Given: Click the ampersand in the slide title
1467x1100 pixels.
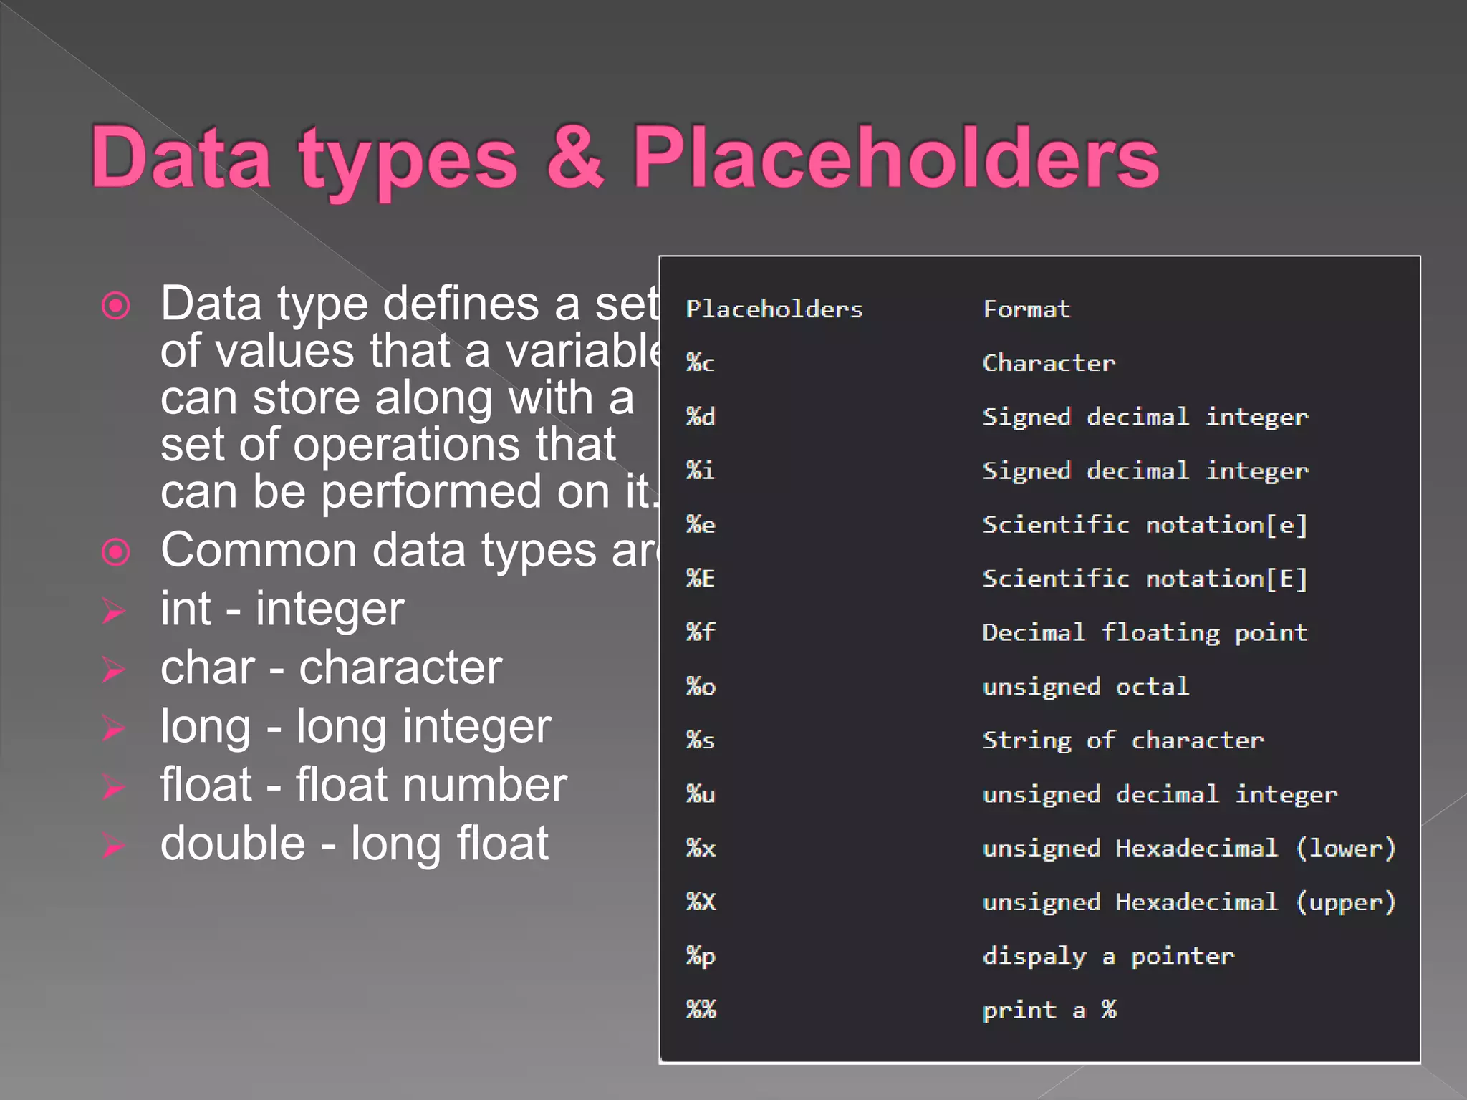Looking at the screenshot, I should (x=575, y=158).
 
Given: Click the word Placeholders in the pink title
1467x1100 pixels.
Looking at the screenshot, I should (x=895, y=158).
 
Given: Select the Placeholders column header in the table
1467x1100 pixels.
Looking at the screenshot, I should (x=774, y=309).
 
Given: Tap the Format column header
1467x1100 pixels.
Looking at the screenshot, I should (x=1026, y=309).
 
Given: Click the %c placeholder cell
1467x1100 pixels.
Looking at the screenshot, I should (x=700, y=363).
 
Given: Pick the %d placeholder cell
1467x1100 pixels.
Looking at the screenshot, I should (x=700, y=417).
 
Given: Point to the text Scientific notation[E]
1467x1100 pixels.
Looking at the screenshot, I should (x=1145, y=579).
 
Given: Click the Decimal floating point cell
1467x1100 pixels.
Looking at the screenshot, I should (x=1145, y=632).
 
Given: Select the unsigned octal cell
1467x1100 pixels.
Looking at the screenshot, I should (x=1085, y=687).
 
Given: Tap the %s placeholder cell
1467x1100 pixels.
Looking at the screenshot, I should (x=700, y=740).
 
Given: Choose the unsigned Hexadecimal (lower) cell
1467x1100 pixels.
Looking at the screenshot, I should (x=1189, y=849).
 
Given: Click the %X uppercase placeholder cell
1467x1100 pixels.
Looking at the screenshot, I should (x=700, y=902).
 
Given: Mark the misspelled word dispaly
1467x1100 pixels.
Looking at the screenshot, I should (x=1034, y=957).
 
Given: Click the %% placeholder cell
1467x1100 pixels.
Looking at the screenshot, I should (x=700, y=1010).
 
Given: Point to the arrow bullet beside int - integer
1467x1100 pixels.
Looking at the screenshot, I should (x=114, y=611).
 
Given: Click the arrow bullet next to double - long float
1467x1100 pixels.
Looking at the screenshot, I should (x=114, y=845).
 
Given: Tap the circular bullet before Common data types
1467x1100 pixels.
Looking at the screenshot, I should (x=115, y=551).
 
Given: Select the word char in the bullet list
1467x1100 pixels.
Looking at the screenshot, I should (x=208, y=668).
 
